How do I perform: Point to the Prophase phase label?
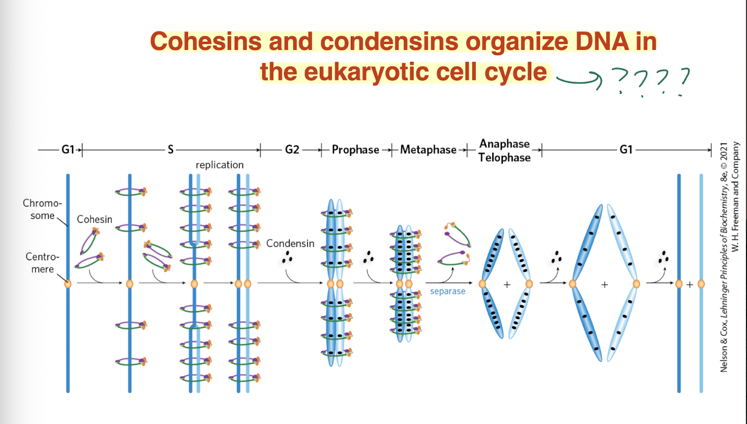(x=355, y=150)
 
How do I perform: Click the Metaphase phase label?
(x=428, y=150)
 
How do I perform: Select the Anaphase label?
(x=504, y=144)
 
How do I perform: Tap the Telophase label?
(x=504, y=157)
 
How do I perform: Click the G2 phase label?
(x=292, y=150)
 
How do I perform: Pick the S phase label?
(x=170, y=150)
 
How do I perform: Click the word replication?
(x=220, y=165)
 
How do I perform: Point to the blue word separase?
(x=448, y=292)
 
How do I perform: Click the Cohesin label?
(x=94, y=220)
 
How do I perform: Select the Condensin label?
(x=290, y=243)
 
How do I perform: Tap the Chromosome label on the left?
(x=42, y=209)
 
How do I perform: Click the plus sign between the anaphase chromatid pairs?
(x=507, y=284)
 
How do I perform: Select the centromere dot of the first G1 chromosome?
(x=68, y=284)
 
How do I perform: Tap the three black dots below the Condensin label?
(x=287, y=256)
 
